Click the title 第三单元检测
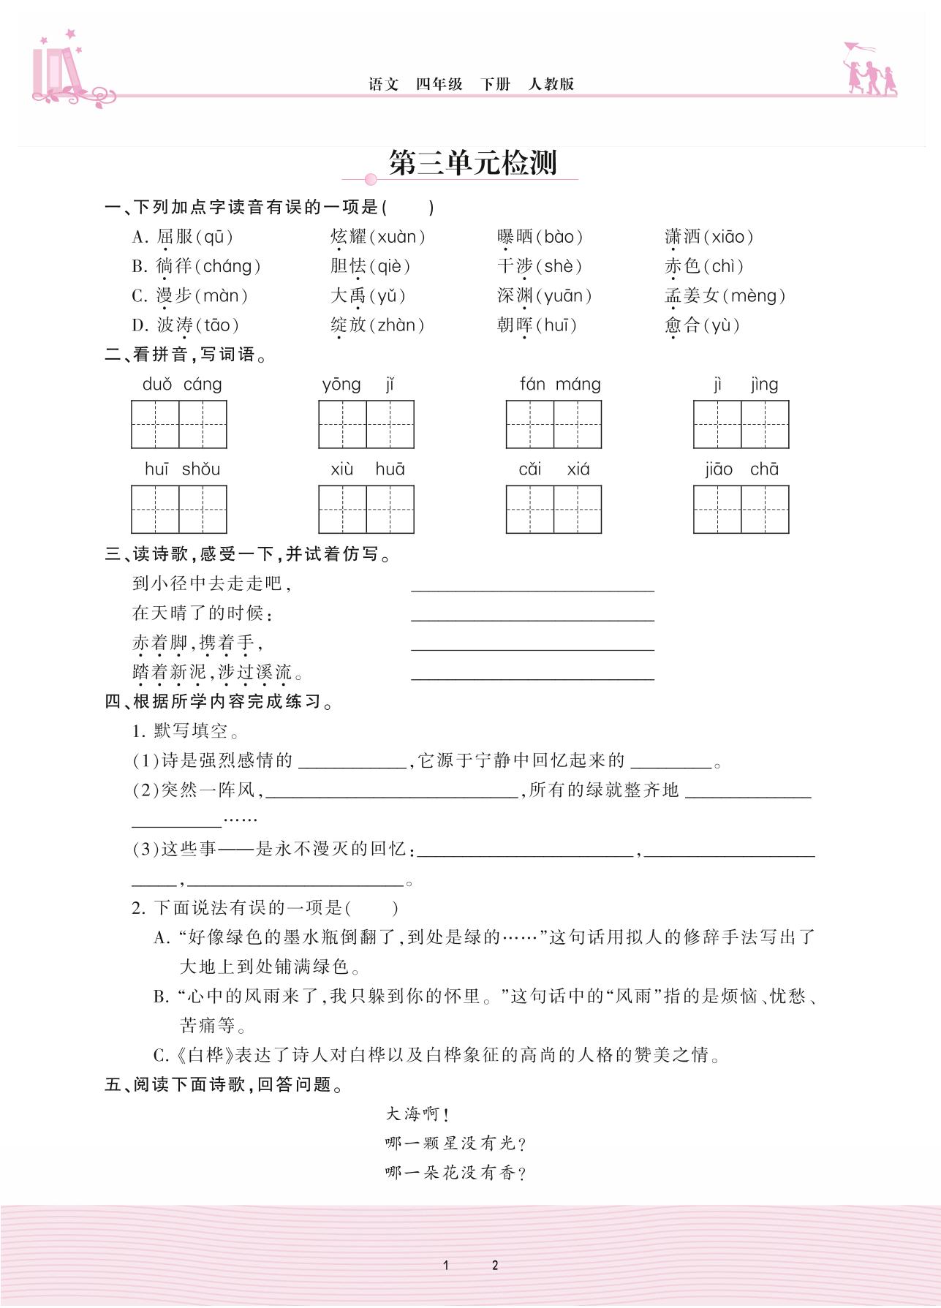click(472, 162)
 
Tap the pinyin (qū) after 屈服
click(213, 237)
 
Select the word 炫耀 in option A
click(348, 237)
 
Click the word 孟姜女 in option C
click(692, 296)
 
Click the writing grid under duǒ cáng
click(179, 424)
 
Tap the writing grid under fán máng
click(553, 424)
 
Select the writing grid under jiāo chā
click(741, 509)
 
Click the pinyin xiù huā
click(367, 469)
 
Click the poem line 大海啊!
click(417, 1114)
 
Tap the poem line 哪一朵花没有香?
click(456, 1173)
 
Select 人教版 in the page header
click(551, 84)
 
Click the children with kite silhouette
click(869, 70)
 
